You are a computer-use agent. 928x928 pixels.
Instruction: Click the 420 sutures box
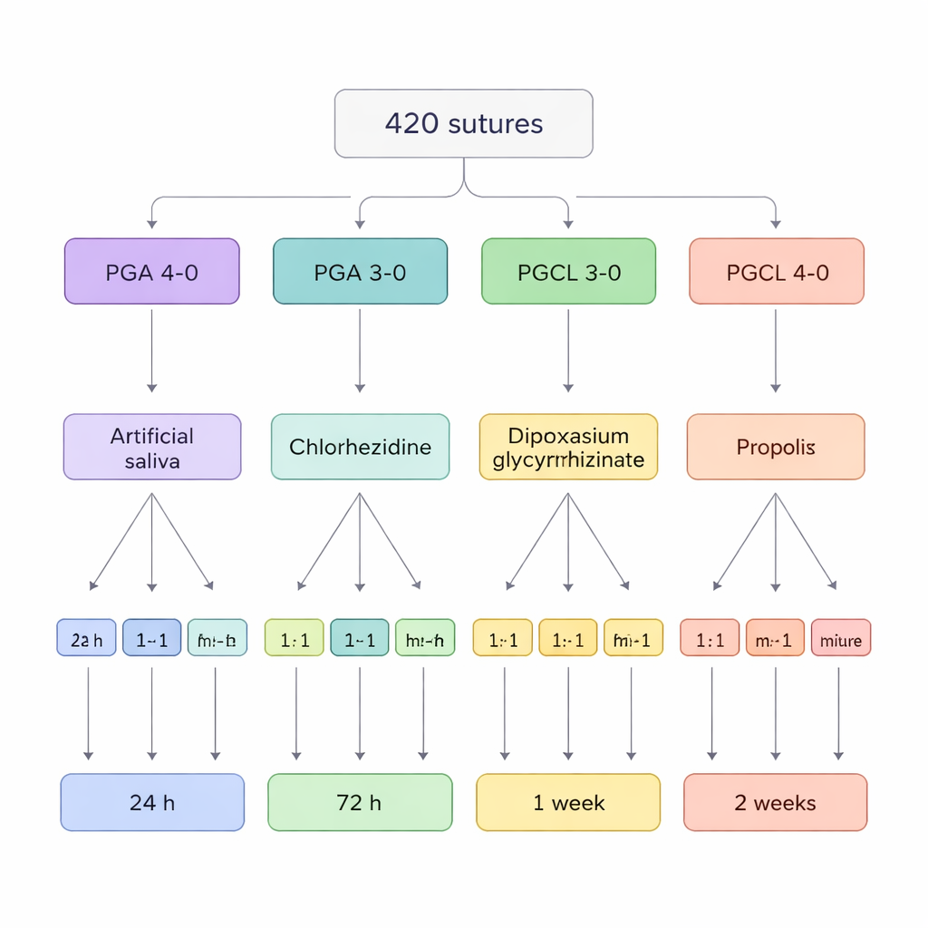464,123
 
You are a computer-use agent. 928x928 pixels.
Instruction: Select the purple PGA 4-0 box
152,272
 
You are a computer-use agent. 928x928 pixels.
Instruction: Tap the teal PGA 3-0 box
360,272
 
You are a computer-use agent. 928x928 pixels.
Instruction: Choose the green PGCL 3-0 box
568,272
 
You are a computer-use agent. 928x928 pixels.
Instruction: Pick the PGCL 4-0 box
777,272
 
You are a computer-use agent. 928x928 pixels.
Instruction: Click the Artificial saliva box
152,447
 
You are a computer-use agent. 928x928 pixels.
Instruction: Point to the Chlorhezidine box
360,447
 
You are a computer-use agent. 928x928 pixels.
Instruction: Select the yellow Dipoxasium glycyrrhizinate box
568,447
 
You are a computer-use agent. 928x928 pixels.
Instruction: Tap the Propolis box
776,447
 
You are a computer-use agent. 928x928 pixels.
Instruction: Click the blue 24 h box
152,802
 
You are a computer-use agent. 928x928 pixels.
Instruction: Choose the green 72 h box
360,802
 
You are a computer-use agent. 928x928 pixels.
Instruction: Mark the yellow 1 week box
568,802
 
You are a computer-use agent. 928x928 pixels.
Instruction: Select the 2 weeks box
776,802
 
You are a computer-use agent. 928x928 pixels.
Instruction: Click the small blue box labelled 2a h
86,638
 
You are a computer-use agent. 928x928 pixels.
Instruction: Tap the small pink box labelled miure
841,638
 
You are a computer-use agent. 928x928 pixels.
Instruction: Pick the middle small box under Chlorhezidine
360,638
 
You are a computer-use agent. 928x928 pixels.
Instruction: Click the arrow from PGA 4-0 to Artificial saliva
151,349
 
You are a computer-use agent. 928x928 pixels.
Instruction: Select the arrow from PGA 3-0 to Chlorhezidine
360,349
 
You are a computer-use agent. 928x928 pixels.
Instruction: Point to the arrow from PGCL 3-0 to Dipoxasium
568,349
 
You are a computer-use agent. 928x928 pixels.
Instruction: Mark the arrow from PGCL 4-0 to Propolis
776,349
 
